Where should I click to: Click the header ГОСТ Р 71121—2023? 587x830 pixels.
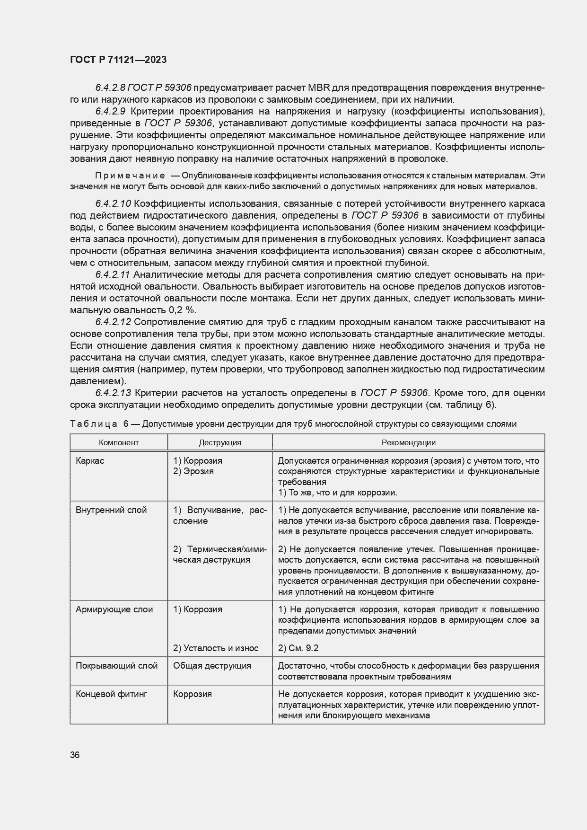pos(118,60)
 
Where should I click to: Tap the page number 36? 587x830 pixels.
pos(75,755)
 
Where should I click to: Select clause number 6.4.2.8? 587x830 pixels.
pos(110,88)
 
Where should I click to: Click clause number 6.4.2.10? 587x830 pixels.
pos(113,204)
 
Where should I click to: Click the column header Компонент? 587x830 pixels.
pos(119,443)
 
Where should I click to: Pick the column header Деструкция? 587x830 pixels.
pos(219,443)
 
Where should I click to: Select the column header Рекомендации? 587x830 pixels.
pos(408,443)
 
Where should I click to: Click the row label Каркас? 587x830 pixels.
pos(90,461)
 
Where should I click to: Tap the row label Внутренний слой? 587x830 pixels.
pos(111,510)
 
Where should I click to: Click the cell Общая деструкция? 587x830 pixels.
pos(212,666)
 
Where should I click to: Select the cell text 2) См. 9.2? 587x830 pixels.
pos(298,648)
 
